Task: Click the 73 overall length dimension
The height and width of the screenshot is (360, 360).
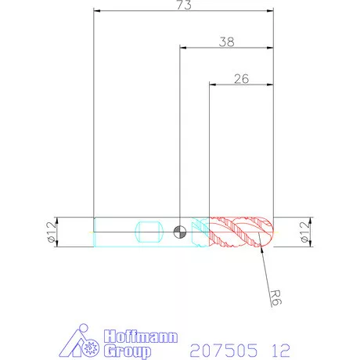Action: pyautogui.click(x=184, y=5)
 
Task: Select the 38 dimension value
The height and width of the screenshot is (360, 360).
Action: pyautogui.click(x=226, y=41)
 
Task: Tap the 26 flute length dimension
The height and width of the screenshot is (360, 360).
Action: pyautogui.click(x=241, y=79)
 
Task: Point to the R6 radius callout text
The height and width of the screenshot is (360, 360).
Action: pyautogui.click(x=275, y=297)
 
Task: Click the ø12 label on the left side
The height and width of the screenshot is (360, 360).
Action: pyautogui.click(x=52, y=232)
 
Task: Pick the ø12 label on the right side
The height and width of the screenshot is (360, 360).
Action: pyautogui.click(x=304, y=232)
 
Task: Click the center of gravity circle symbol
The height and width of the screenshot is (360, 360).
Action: pyautogui.click(x=180, y=232)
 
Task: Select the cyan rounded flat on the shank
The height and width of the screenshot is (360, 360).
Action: pyautogui.click(x=149, y=232)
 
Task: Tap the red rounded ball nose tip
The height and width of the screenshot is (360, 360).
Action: pyautogui.click(x=268, y=232)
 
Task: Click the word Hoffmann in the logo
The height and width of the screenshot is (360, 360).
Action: pyautogui.click(x=141, y=337)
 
